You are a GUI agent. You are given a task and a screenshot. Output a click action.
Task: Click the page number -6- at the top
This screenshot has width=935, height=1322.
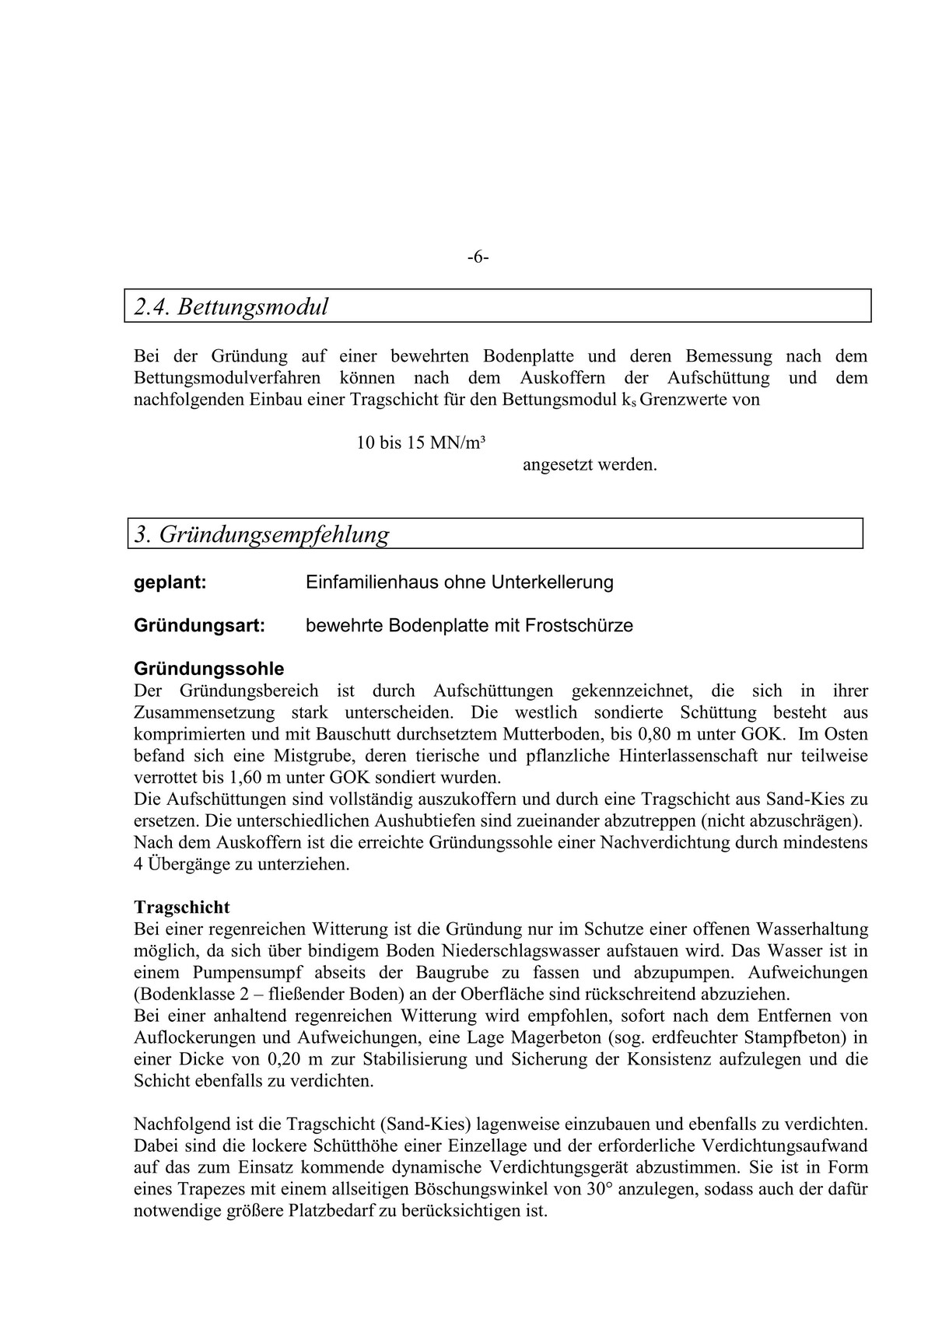pos(478,257)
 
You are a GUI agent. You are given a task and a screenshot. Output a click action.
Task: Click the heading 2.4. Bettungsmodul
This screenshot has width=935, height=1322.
pos(231,306)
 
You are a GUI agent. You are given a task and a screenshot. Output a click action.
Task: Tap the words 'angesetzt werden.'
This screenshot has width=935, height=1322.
pos(590,465)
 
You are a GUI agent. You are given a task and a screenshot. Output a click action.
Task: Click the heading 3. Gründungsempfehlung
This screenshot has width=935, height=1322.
pos(261,534)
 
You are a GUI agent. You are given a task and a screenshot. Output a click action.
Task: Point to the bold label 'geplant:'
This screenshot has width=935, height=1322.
pos(170,582)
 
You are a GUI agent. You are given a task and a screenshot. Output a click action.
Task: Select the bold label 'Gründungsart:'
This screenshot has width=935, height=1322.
pos(200,625)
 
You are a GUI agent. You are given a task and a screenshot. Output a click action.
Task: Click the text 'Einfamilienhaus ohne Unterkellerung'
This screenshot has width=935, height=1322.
pos(460,582)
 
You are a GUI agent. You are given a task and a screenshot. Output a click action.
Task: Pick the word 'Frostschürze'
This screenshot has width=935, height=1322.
pos(580,625)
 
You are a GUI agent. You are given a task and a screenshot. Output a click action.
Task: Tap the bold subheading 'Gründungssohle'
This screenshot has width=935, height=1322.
pos(209,669)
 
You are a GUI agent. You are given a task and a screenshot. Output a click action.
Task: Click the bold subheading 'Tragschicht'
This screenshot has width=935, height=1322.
pos(182,907)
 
